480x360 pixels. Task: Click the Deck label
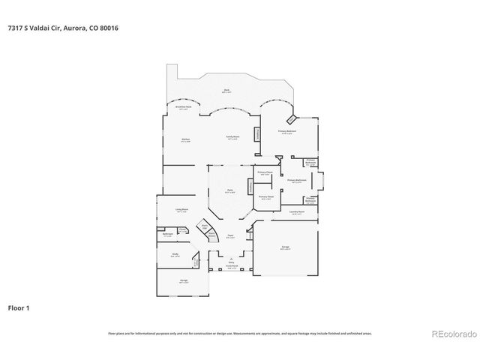tap(226, 91)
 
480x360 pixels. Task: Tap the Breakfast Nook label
tap(182, 108)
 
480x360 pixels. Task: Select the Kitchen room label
tap(184, 140)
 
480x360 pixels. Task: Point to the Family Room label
tap(233, 137)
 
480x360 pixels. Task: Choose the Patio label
tap(231, 192)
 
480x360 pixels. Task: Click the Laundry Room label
tap(297, 213)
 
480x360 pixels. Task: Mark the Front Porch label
tap(232, 266)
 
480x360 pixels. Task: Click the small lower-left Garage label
tap(184, 282)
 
